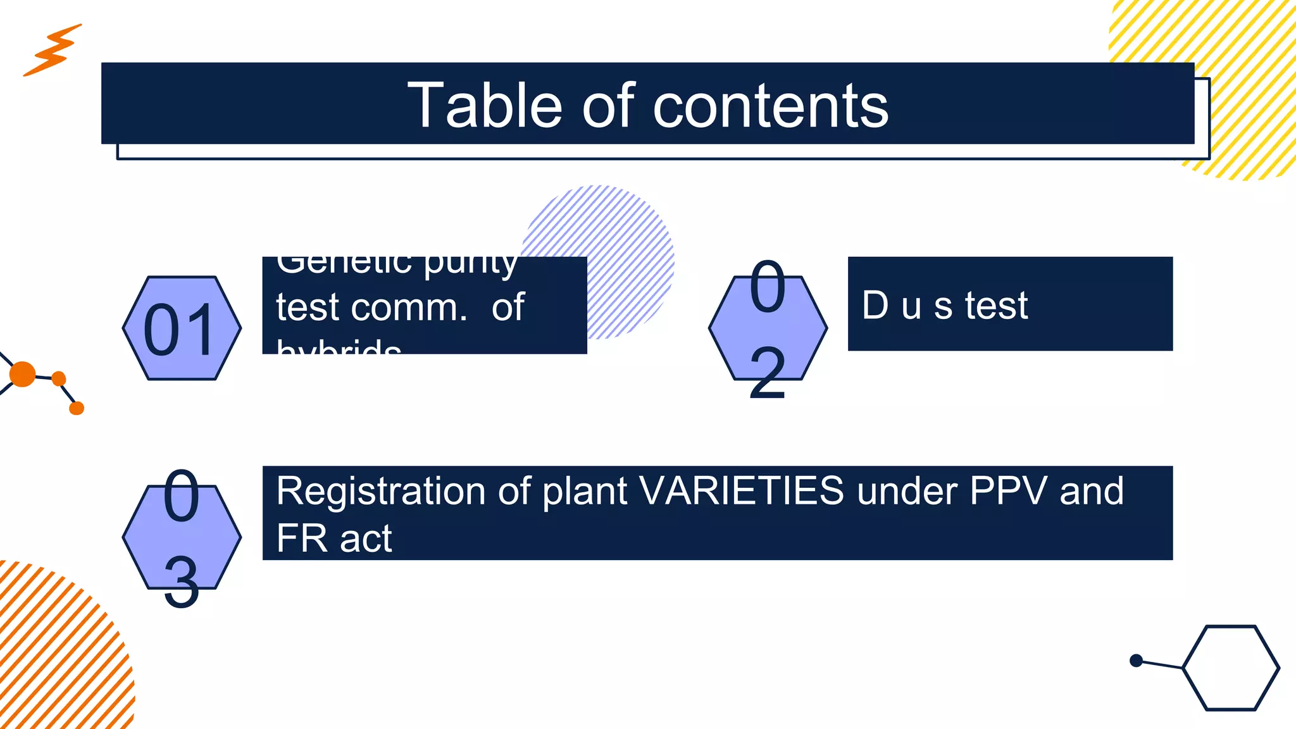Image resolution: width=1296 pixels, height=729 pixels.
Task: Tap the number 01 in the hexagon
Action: pos(180,330)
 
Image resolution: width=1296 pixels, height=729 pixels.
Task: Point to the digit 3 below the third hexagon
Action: pos(182,582)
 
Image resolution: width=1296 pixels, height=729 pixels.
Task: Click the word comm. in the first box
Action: pos(408,308)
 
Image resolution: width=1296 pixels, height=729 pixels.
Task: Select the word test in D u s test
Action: pos(996,306)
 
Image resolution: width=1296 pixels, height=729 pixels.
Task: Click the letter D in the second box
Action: pos(875,305)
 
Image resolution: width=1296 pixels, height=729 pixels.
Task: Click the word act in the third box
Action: pos(365,539)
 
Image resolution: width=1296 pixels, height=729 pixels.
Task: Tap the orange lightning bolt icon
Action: pos(53,50)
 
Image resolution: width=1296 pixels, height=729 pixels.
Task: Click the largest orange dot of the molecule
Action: pos(22,374)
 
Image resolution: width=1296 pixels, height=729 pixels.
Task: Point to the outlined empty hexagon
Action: pos(1230,668)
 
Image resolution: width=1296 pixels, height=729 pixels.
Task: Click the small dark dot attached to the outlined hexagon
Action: pos(1136,661)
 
